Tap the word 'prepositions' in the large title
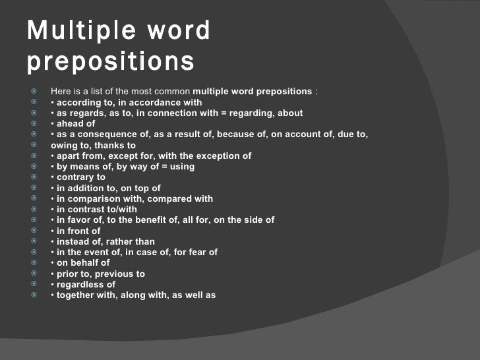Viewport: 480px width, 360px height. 111,62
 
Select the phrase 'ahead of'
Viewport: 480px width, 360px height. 76,123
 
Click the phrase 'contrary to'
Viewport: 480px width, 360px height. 81,177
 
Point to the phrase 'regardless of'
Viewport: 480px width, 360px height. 86,284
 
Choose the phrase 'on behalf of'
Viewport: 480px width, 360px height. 83,263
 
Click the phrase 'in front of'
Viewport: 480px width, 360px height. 78,231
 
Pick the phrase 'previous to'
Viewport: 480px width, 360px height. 123,274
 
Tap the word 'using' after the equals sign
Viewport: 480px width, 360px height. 181,167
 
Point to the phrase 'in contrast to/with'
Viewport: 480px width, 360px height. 97,209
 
